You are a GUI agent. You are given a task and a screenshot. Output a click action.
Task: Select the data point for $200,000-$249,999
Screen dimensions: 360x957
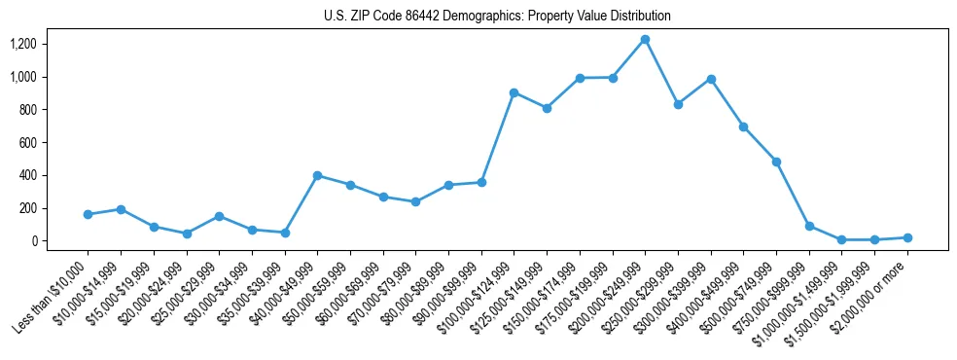coord(645,39)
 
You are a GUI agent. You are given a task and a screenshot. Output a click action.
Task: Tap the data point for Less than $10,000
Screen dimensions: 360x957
coord(88,214)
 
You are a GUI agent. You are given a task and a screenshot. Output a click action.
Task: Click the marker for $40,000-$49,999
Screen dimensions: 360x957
coord(317,175)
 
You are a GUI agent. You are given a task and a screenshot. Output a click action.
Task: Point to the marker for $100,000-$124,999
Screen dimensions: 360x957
coord(514,92)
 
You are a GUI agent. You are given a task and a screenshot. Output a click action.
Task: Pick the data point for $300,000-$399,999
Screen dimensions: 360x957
coord(711,79)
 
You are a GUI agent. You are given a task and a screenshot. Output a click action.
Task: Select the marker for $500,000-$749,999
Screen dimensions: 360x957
coord(776,162)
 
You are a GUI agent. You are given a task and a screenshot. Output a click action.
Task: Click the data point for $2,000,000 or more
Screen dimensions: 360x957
coord(907,237)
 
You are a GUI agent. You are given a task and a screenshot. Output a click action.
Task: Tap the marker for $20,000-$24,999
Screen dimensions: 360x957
coord(186,234)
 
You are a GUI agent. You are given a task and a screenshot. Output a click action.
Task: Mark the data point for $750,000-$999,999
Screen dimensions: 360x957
coord(809,226)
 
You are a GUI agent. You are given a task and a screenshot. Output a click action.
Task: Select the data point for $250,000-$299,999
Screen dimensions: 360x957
coord(678,104)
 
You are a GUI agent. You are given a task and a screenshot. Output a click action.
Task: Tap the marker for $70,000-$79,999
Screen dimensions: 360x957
coord(415,201)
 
